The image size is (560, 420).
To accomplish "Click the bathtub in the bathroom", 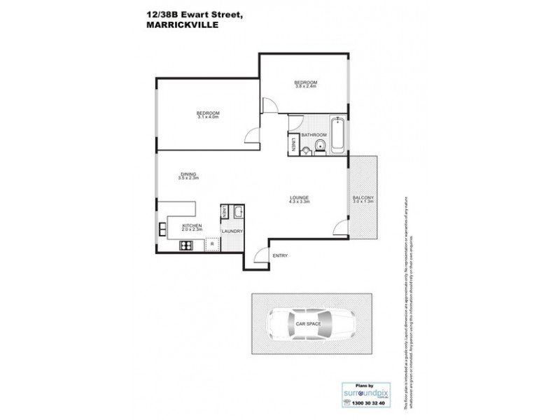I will coord(337,136).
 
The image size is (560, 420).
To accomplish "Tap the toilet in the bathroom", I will coord(319,146).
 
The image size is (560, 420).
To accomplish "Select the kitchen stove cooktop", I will coord(187,245).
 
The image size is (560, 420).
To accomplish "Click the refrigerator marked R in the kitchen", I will coord(211,243).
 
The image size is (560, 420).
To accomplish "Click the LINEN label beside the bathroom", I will coord(293,145).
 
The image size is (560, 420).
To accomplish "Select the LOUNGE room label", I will coord(300,198).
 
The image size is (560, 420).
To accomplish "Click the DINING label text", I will coord(188,174).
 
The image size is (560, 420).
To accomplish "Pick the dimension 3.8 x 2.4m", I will coord(306,87).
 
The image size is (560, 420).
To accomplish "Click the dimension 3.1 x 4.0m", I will coord(208,117).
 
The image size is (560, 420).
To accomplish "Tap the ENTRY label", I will coord(280,255).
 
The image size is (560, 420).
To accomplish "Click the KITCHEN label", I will coord(192,225).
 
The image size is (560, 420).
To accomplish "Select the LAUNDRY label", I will coord(232,231).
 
